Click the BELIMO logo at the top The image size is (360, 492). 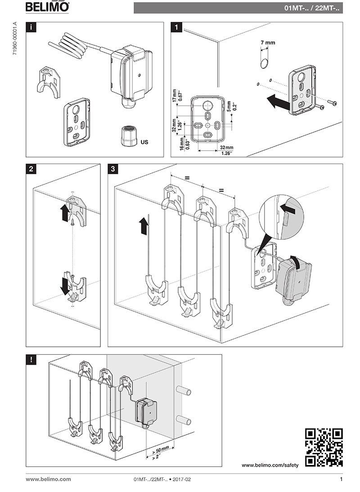[x=47, y=7]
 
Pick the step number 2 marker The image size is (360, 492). [x=31, y=170]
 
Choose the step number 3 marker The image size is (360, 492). [x=113, y=170]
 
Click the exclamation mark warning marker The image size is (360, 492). [x=31, y=360]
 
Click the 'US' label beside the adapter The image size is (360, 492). [x=144, y=142]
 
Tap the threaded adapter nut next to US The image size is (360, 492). [x=128, y=134]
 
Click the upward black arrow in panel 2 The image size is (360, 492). [x=64, y=213]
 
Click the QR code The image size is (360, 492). [x=324, y=447]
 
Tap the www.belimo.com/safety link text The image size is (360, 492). [x=270, y=465]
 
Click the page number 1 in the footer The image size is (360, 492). [x=341, y=479]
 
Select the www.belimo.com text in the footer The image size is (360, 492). [x=48, y=479]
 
